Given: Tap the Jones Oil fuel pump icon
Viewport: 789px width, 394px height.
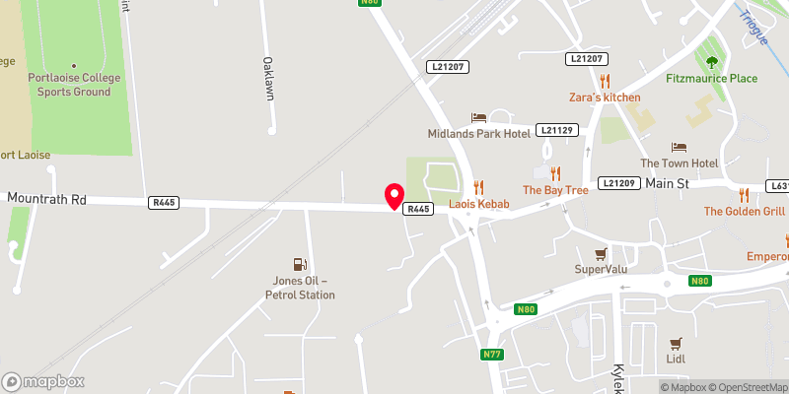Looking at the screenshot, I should (x=299, y=264).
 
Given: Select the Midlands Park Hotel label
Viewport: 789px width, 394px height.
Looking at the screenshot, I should (x=479, y=133).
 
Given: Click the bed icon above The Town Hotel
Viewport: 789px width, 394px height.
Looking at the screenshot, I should (x=679, y=147).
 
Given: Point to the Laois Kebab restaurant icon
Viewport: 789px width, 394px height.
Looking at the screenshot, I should (x=478, y=186).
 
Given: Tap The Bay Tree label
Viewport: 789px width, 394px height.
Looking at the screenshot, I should (x=555, y=189).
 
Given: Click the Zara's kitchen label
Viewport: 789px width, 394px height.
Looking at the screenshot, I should (x=605, y=98).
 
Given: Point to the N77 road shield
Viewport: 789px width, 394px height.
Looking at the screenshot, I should (x=493, y=354).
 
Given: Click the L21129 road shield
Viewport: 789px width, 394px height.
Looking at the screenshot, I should (x=557, y=130).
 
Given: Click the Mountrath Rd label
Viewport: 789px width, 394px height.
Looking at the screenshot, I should (x=46, y=199).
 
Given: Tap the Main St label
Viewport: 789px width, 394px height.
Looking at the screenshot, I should (x=666, y=183).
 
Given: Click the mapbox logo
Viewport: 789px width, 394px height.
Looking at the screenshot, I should (x=42, y=381).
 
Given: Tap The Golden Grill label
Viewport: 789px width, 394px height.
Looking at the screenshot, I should (x=744, y=212).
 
